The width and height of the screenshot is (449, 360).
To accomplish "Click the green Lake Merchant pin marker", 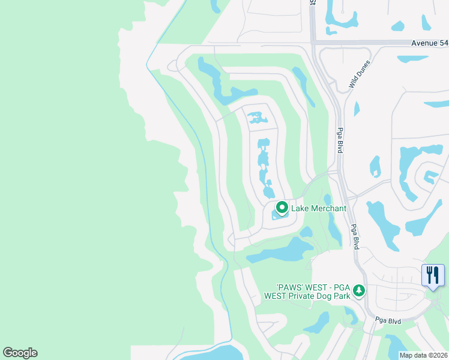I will coord(282,208).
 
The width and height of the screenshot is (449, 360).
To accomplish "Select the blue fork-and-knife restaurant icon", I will coord(433,275).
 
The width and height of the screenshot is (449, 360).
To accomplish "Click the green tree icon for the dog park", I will coord(359,290).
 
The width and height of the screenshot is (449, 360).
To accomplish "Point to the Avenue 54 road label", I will coord(430,43).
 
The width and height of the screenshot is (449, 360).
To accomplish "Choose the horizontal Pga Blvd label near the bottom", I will coord(388,321).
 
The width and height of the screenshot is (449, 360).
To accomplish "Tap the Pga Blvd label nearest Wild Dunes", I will coord(339,140).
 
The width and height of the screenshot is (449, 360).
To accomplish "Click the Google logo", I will coord(20,353).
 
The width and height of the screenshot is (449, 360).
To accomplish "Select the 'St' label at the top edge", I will coord(313,2).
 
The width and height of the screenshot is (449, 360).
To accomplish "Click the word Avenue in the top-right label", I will coord(424,43).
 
